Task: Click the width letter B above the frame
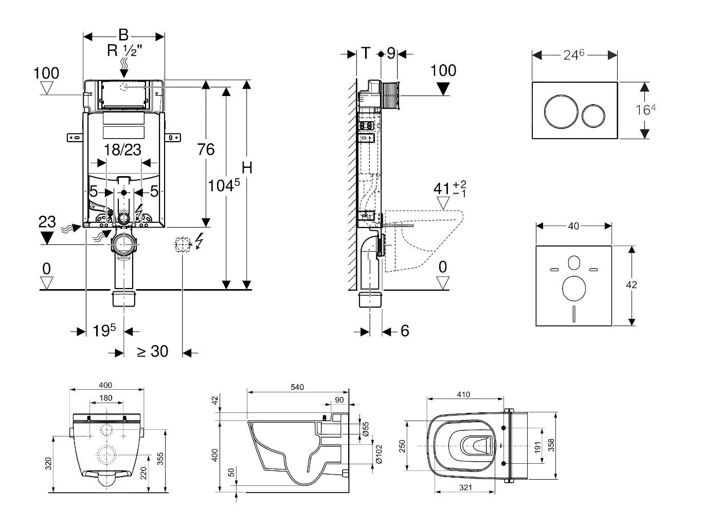coord(123,35)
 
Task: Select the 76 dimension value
coord(206,149)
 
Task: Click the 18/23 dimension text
coord(122,149)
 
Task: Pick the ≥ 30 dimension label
coord(152,351)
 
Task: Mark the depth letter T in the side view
coord(365,53)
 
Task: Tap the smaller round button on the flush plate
coord(593,116)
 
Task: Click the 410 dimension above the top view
coord(463,394)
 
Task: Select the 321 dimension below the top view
coord(465,488)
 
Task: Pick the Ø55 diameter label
coord(366,430)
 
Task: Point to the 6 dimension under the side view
coord(405,331)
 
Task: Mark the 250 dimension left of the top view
coord(403,445)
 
